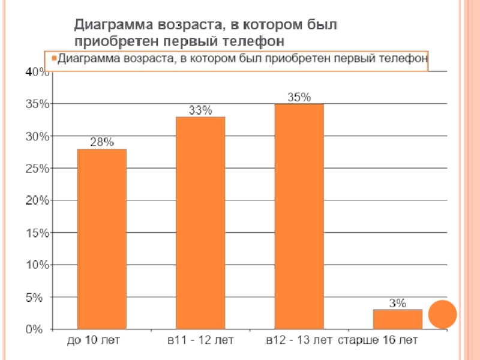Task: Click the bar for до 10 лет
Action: pyautogui.click(x=101, y=239)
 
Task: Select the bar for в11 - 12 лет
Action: pyautogui.click(x=200, y=223)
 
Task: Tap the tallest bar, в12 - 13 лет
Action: pyautogui.click(x=299, y=216)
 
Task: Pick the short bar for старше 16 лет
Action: pyautogui.click(x=398, y=319)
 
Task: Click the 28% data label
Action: pyautogui.click(x=101, y=142)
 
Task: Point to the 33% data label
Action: pyautogui.click(x=200, y=110)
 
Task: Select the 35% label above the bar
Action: pyautogui.click(x=299, y=97)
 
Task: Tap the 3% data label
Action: pyautogui.click(x=398, y=303)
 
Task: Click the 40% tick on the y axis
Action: pyautogui.click(x=37, y=72)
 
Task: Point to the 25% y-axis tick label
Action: pyautogui.click(x=37, y=169)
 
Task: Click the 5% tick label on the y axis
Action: pyautogui.click(x=40, y=297)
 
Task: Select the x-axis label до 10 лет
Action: pyautogui.click(x=94, y=341)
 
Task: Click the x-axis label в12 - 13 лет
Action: pyautogui.click(x=299, y=341)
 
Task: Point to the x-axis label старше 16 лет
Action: pyautogui.click(x=377, y=341)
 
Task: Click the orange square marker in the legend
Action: pyautogui.click(x=53, y=59)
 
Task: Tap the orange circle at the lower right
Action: pyautogui.click(x=445, y=314)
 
